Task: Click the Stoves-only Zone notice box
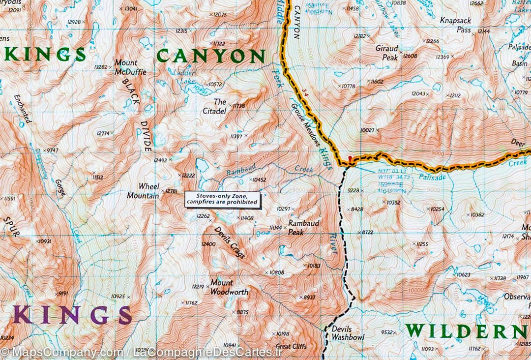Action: [x=222, y=199]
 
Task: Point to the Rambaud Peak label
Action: [x=303, y=228]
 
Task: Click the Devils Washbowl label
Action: [x=348, y=333]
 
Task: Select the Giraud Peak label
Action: [x=386, y=53]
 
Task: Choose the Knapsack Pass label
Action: [x=456, y=25]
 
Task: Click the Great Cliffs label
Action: [x=291, y=346]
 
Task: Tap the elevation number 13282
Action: [x=100, y=67]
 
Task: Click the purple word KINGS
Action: [x=72, y=315]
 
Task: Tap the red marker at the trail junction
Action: [x=350, y=158]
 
